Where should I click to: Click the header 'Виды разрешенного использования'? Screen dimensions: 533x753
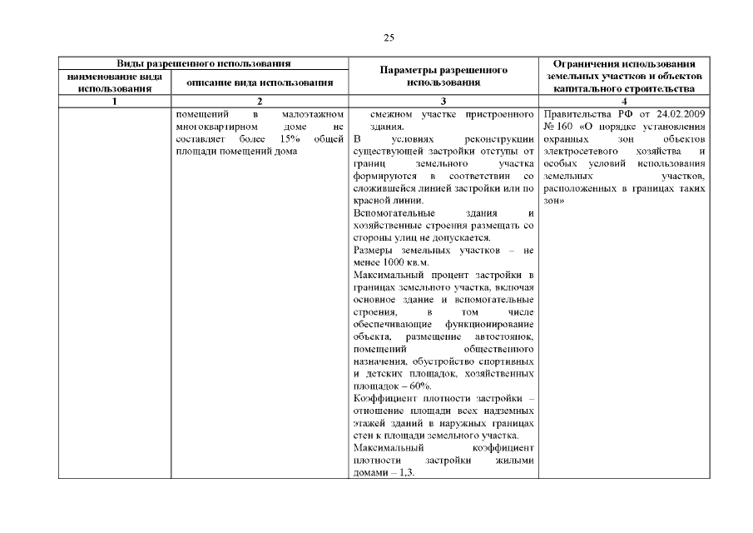point(203,63)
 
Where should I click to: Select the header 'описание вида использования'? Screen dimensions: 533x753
point(260,82)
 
